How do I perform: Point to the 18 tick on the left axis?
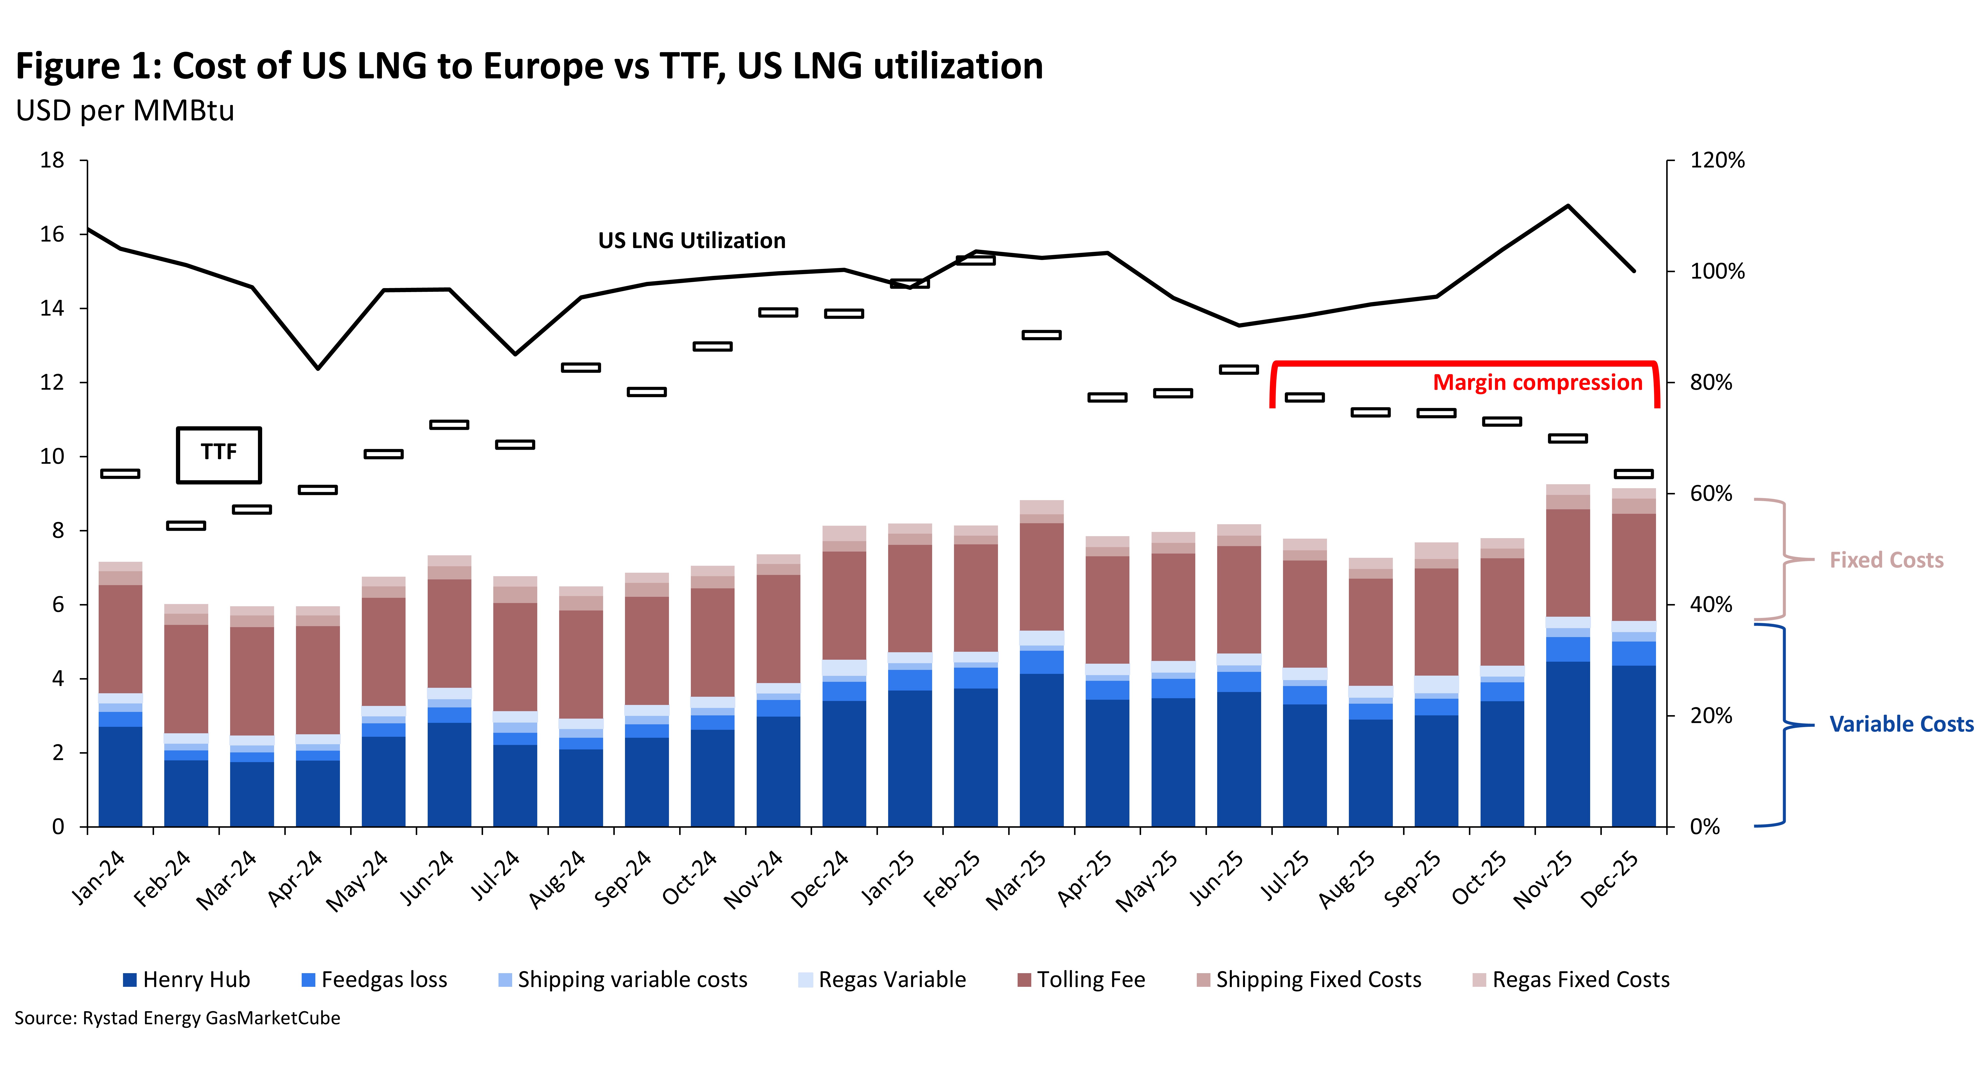(52, 161)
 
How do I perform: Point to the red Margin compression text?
(1537, 383)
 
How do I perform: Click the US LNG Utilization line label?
(692, 241)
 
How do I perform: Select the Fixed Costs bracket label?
(1886, 560)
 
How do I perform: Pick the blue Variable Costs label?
(1901, 725)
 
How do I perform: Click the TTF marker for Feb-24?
(186, 525)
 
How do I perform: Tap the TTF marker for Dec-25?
(1634, 474)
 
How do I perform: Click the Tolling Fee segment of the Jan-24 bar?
(120, 639)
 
